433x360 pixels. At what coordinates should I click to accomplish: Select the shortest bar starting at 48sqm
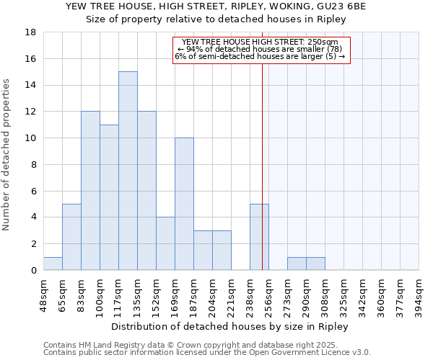click(x=53, y=264)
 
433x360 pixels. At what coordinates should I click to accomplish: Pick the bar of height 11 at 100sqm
click(x=109, y=197)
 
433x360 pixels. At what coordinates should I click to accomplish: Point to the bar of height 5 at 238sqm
click(x=259, y=237)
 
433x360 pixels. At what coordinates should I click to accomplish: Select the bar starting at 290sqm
click(x=315, y=264)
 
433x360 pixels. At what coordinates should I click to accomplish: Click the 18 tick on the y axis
click(x=31, y=32)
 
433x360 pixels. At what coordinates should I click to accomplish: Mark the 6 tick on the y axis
click(x=34, y=191)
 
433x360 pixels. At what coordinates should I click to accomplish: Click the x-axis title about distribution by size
click(x=230, y=326)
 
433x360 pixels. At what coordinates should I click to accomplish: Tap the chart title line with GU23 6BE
click(x=216, y=6)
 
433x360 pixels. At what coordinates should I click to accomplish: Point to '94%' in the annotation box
click(x=194, y=49)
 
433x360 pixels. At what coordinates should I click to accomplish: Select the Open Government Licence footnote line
click(x=207, y=353)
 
